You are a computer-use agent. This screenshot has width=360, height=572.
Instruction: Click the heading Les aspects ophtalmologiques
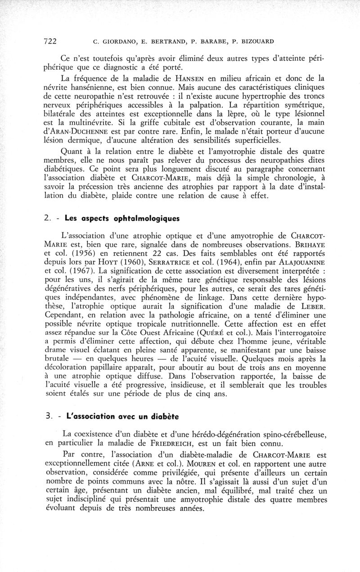click(122, 219)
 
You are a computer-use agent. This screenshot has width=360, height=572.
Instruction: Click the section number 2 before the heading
click(47, 219)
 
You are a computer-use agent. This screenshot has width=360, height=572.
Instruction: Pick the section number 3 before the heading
click(47, 416)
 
